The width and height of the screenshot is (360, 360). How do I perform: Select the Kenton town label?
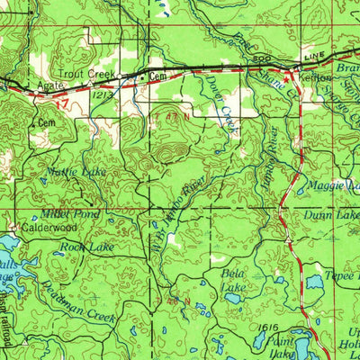(309, 79)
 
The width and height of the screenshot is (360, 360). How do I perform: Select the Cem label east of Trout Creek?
(158, 77)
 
